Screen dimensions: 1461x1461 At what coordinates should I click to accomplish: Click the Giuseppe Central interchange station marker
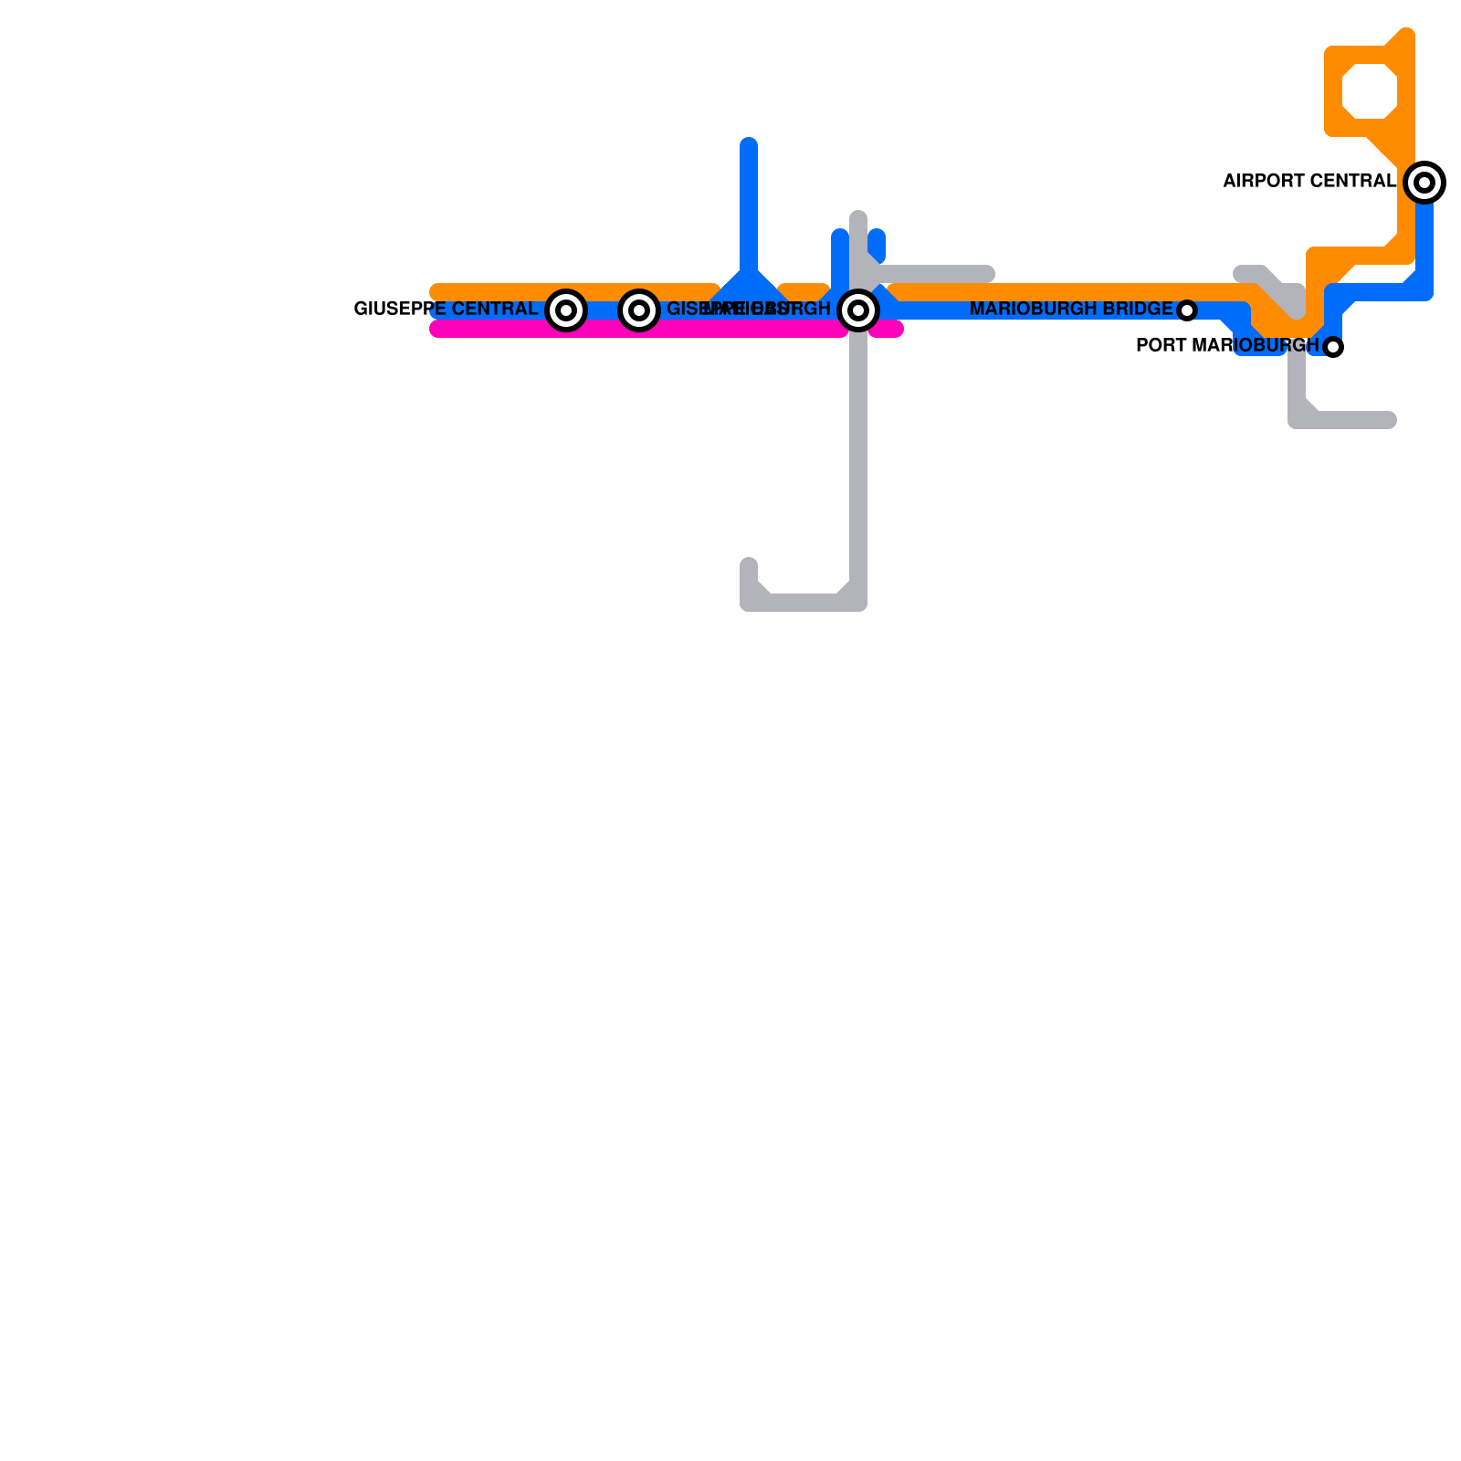(x=566, y=310)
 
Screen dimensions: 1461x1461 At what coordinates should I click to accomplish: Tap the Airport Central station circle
(x=1424, y=183)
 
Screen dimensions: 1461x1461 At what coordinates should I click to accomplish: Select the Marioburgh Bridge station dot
(x=1187, y=310)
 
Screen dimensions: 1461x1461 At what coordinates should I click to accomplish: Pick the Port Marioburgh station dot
(x=1333, y=347)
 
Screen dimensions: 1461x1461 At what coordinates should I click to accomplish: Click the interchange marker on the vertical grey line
(x=858, y=310)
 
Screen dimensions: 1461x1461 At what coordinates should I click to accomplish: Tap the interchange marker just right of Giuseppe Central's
(x=639, y=310)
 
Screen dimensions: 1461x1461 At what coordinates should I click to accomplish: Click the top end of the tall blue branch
(x=749, y=143)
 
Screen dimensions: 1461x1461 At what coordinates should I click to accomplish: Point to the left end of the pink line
(x=436, y=329)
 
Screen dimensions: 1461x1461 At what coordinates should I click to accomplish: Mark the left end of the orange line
(x=436, y=292)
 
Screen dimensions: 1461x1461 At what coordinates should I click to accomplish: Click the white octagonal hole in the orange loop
(x=1370, y=91)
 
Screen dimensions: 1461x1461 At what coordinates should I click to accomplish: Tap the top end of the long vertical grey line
(x=858, y=217)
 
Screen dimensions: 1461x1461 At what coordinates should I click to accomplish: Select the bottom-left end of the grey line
(x=749, y=564)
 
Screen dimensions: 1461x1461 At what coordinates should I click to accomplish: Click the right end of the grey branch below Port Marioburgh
(x=1390, y=420)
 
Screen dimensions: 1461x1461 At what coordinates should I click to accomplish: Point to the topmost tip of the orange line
(x=1407, y=34)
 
